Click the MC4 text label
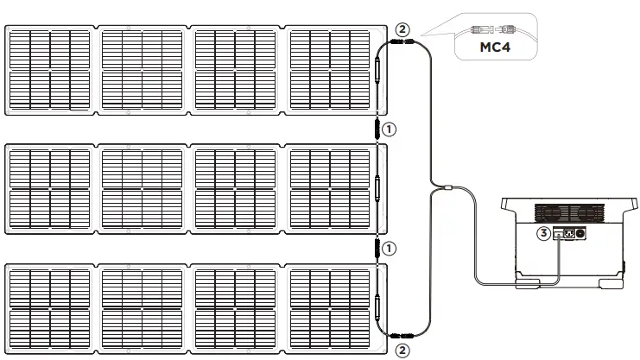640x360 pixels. (495, 47)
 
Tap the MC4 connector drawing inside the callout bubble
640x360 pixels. (493, 28)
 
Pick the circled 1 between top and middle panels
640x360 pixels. (390, 129)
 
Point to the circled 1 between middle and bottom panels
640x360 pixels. (390, 249)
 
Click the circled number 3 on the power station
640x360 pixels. (543, 232)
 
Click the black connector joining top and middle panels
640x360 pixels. (377, 129)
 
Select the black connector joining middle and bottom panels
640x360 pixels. (377, 249)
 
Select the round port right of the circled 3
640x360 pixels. (580, 233)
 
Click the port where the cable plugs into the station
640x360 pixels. (559, 233)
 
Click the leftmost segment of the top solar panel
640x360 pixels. (49, 70)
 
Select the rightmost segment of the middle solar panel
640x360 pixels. (331, 188)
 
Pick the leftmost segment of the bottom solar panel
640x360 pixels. (49, 307)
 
